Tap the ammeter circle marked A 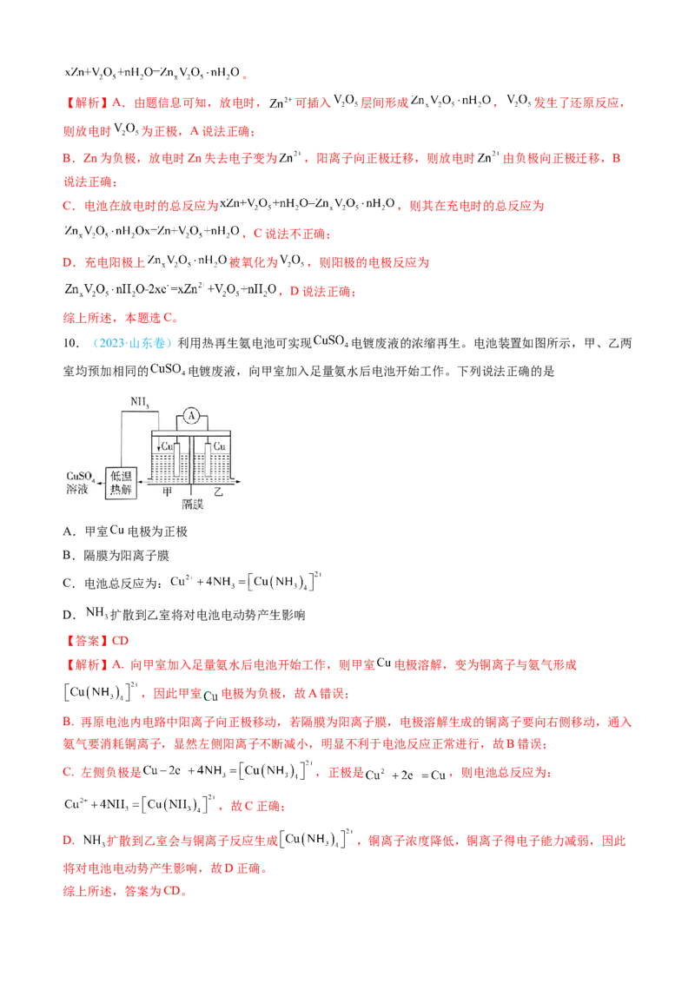[x=190, y=417]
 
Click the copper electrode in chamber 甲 [x=176, y=460]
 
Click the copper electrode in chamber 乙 [x=210, y=460]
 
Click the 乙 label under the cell [x=218, y=491]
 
